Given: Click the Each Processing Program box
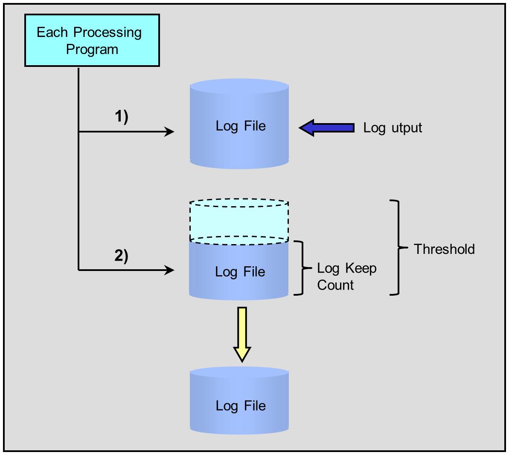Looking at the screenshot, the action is [x=92, y=40].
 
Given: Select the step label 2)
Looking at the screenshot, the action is [x=122, y=256].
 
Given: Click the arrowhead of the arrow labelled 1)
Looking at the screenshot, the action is [x=169, y=132].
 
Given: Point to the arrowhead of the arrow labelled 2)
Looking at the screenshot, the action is [x=169, y=270].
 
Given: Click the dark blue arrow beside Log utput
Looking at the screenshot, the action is [x=326, y=128].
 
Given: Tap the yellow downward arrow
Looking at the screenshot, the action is [x=242, y=334].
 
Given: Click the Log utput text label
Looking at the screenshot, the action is [x=393, y=128].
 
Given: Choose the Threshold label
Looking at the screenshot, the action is [x=444, y=249].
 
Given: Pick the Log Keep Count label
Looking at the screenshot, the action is [x=347, y=276].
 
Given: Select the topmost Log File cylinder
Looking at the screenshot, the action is [x=239, y=124].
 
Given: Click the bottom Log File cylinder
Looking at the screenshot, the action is [x=239, y=400].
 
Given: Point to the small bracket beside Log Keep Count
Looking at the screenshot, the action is [x=302, y=268].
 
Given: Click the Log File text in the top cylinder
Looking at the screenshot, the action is [x=241, y=126].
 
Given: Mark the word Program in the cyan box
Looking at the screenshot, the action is [x=92, y=49].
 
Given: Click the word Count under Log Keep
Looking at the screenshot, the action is [x=335, y=285].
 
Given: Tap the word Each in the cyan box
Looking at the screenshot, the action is [x=52, y=32].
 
